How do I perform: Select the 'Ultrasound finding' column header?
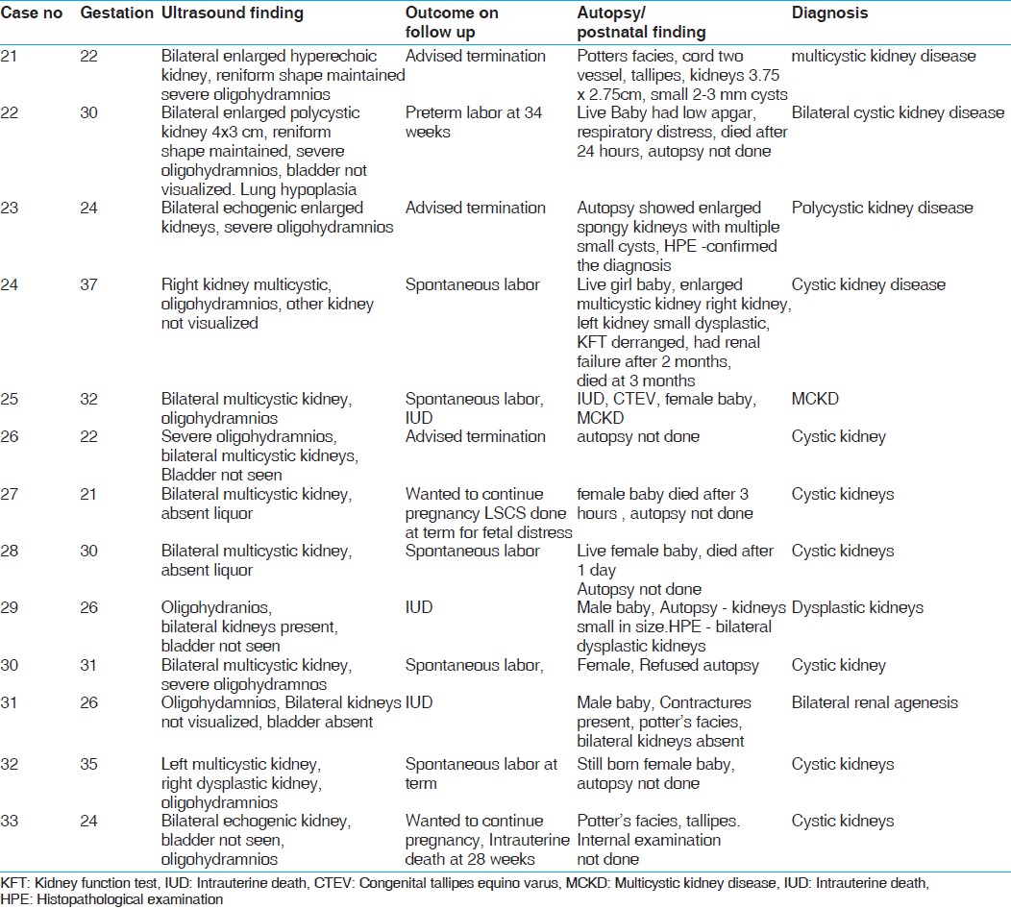point(233,13)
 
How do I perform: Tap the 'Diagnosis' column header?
point(829,13)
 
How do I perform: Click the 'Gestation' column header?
point(116,13)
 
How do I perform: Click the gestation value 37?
point(89,284)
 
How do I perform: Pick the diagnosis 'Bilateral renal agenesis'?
point(875,702)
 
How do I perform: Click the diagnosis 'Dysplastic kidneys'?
point(857,607)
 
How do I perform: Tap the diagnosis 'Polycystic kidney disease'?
point(882,208)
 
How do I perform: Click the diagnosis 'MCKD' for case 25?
point(815,399)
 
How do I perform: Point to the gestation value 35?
point(89,764)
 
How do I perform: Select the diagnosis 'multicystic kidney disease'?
point(884,56)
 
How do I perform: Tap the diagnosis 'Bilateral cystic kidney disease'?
point(898,112)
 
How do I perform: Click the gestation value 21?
point(89,494)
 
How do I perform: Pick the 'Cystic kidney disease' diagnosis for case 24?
point(868,284)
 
